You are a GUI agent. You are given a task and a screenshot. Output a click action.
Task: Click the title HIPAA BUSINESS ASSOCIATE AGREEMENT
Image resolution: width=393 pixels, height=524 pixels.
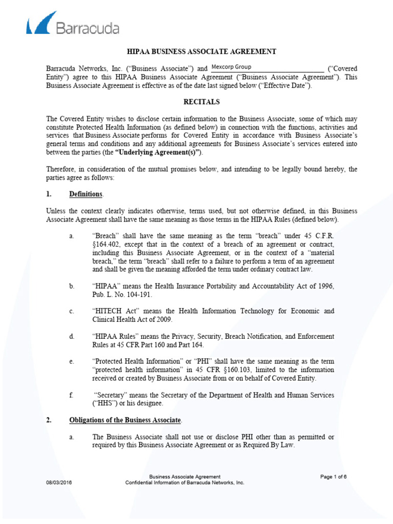pos(202,52)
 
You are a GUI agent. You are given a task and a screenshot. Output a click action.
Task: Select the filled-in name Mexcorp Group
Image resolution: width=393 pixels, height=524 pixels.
pos(231,68)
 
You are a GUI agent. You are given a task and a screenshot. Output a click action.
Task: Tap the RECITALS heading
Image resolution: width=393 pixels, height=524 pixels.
pos(202,102)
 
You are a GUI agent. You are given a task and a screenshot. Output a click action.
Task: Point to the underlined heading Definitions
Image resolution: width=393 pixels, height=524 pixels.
pos(86,194)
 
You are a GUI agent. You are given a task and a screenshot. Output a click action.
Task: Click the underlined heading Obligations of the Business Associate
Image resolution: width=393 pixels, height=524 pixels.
pos(125,420)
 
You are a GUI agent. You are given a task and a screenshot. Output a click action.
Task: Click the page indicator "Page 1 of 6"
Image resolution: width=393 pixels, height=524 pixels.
pos(333,476)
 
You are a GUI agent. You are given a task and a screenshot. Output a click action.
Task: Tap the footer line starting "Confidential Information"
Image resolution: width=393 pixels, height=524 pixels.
pos(185,483)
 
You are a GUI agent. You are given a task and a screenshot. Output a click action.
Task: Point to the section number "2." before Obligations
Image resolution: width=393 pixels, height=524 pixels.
pos(49,420)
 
